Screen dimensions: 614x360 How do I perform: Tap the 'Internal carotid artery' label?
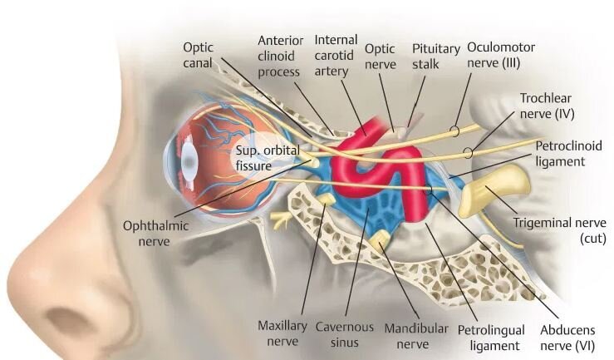[335, 53]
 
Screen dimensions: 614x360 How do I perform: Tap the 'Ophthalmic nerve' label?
[157, 233]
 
